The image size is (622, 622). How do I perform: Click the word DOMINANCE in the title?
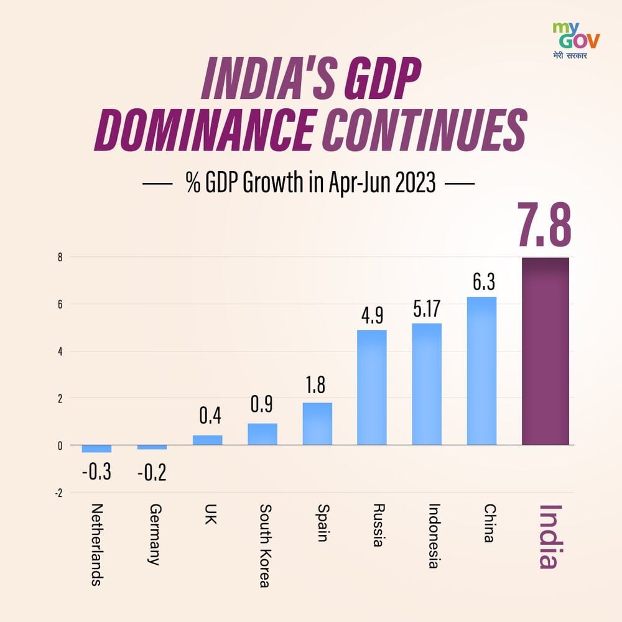pyautogui.click(x=204, y=131)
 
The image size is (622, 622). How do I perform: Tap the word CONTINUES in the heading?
pyautogui.click(x=422, y=131)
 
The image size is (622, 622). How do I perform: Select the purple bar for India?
pyautogui.click(x=545, y=351)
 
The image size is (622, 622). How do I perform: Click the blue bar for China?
pyautogui.click(x=481, y=371)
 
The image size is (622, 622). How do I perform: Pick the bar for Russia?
pyautogui.click(x=371, y=388)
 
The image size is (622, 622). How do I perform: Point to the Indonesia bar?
pyautogui.click(x=427, y=384)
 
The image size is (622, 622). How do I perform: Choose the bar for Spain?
pyautogui.click(x=317, y=424)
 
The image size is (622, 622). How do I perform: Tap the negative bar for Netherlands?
pyautogui.click(x=96, y=448)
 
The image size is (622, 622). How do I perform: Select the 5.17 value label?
pyautogui.click(x=427, y=310)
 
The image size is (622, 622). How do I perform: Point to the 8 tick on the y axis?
pyautogui.click(x=60, y=257)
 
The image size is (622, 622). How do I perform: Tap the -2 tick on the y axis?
pyautogui.click(x=58, y=493)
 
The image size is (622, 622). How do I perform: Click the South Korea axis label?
pyautogui.click(x=264, y=545)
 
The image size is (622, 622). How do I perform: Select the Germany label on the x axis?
pyautogui.click(x=153, y=534)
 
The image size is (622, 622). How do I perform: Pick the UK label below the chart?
pyautogui.click(x=208, y=514)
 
